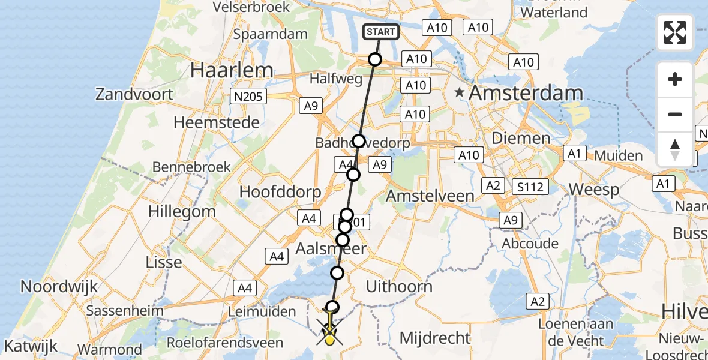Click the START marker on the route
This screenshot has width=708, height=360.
point(381,32)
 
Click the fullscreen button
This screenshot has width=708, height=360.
point(675,32)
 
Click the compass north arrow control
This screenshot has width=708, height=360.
point(675,149)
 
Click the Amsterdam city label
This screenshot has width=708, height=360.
point(526,93)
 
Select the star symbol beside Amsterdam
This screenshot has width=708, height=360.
point(460,92)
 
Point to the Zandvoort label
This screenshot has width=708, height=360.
point(134,94)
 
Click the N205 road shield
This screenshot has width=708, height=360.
point(248,96)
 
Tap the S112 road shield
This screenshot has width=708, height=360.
point(531,187)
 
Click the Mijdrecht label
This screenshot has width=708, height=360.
point(435,338)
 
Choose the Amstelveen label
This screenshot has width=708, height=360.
point(430,196)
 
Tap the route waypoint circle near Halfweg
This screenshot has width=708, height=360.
point(375,59)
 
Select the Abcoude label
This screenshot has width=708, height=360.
point(530,244)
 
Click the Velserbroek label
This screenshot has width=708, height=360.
point(252,7)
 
